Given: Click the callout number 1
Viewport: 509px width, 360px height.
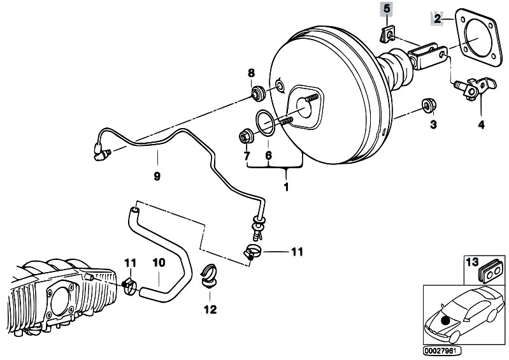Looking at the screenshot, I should (x=286, y=187).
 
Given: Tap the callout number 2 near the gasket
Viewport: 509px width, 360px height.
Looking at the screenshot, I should (x=438, y=19).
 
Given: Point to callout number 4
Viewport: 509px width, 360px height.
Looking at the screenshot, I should (x=481, y=124).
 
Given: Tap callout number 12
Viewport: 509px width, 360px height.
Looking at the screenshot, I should (x=210, y=310).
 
